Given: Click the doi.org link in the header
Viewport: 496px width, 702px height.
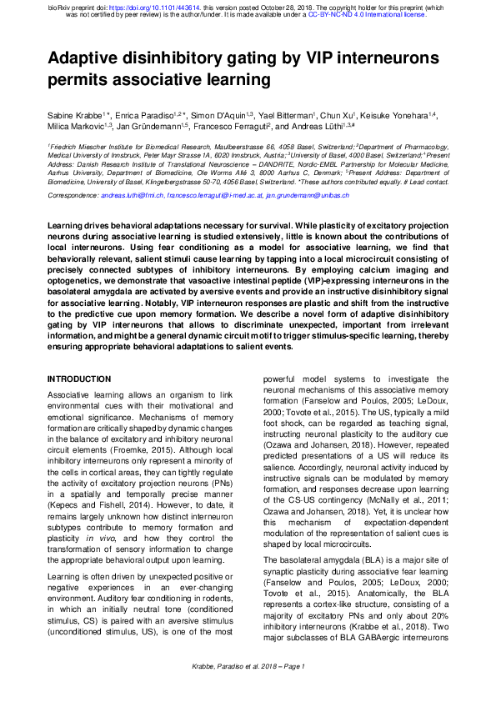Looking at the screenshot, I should click(x=151, y=7).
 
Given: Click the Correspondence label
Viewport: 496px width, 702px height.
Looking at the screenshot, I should click(x=73, y=195).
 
